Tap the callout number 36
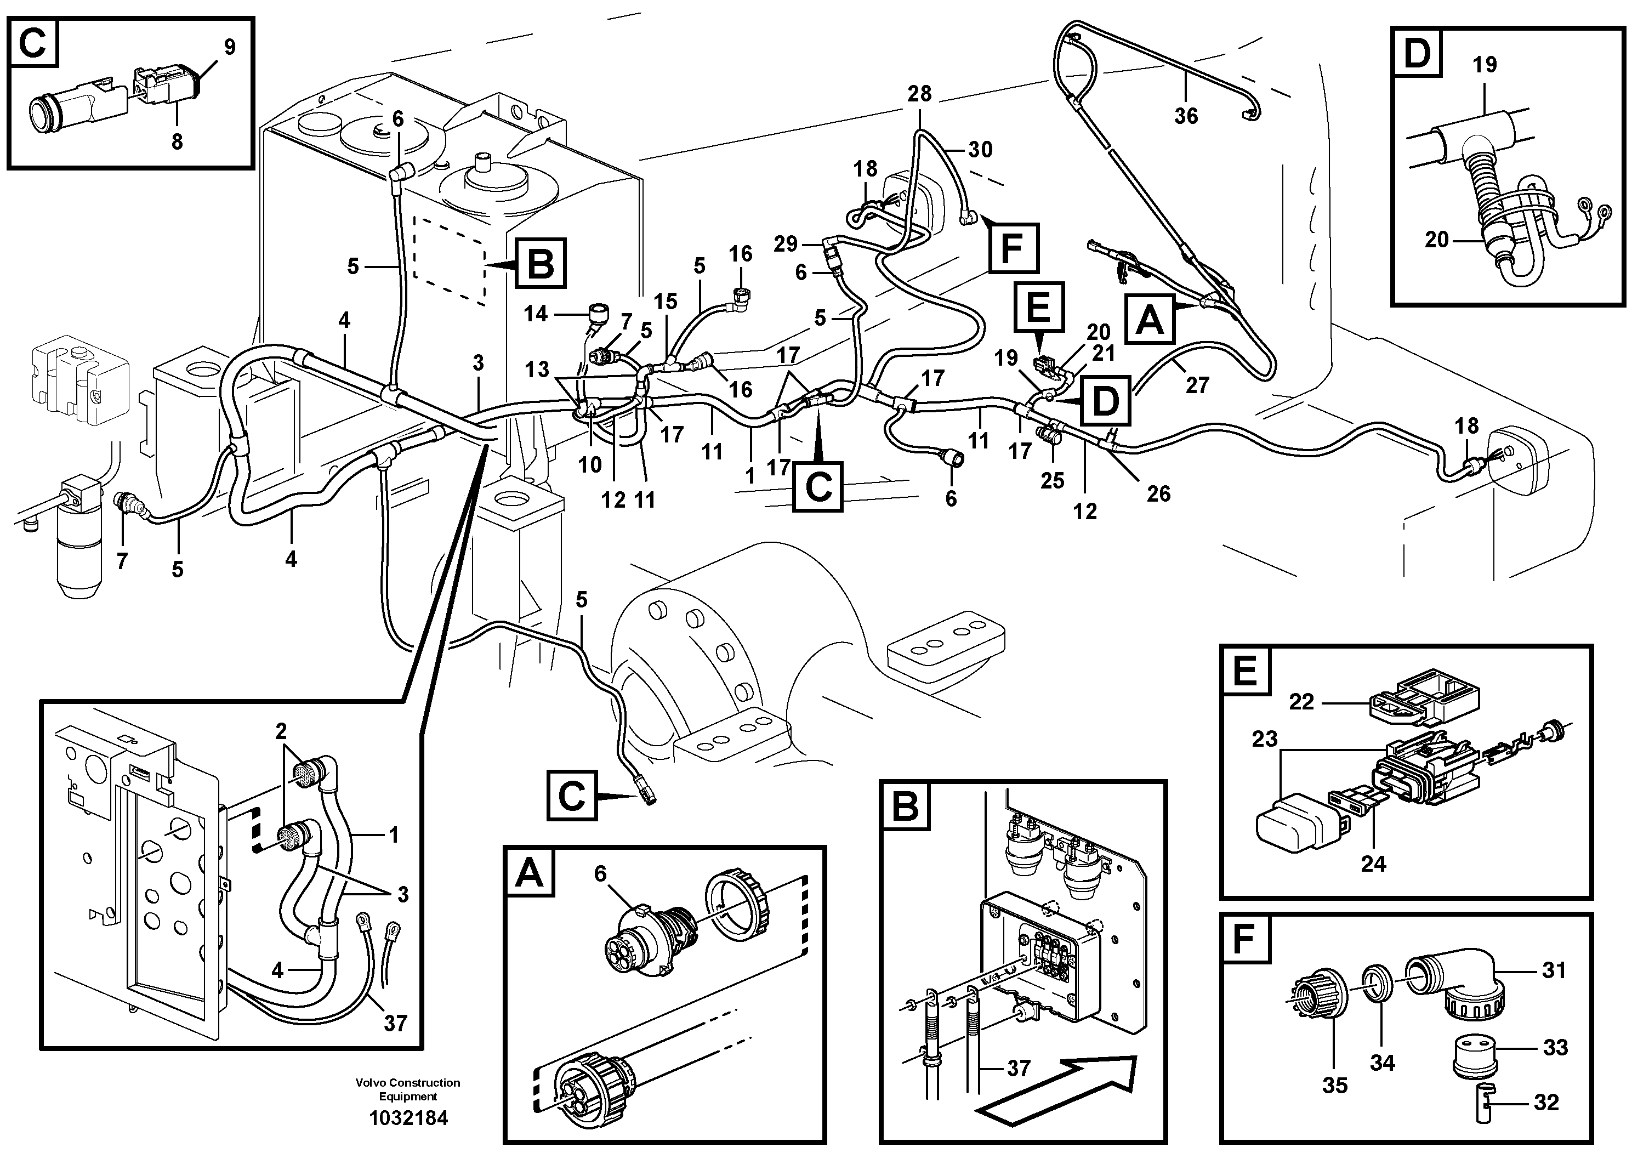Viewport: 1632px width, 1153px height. tap(1185, 116)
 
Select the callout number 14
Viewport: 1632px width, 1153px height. tap(536, 314)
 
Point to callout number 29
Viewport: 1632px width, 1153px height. tap(786, 245)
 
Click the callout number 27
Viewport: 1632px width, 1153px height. tap(1197, 385)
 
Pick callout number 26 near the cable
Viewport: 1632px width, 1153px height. tap(1158, 494)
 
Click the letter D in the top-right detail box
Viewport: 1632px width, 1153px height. tap(1417, 53)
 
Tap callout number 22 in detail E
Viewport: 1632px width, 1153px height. tap(1301, 702)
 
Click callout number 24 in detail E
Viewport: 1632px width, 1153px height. tap(1373, 864)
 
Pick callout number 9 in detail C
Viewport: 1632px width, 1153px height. tap(230, 48)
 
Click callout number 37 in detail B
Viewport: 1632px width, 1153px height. tap(1019, 1069)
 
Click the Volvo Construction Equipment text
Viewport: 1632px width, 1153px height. tap(408, 1089)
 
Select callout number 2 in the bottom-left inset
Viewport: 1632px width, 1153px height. tap(281, 731)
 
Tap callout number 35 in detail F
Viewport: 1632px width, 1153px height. tap(1335, 1086)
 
